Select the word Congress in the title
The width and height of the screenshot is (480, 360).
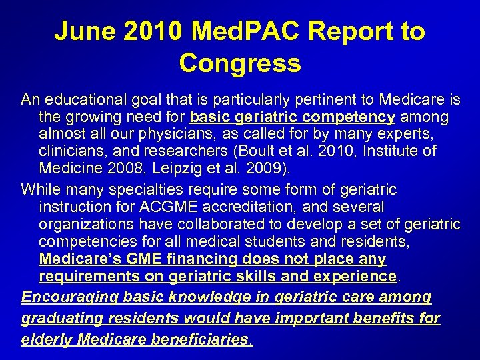tap(240, 63)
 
